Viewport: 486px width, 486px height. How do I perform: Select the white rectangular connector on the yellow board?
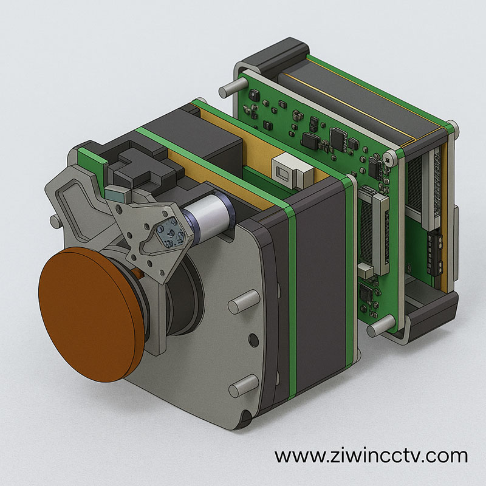[x=290, y=171]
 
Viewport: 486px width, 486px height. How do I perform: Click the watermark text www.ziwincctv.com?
[x=371, y=455]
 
